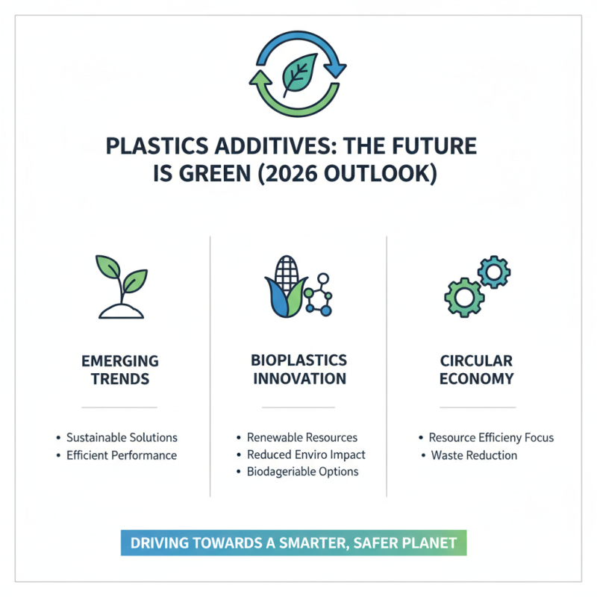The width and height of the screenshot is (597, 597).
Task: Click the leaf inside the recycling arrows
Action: coord(298,74)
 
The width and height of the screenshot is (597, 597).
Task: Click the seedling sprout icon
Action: coord(119,287)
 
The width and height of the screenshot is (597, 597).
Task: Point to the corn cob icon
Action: coord(284,287)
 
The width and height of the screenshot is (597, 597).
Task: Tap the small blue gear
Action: coord(493,272)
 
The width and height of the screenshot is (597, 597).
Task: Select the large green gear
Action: coord(463,296)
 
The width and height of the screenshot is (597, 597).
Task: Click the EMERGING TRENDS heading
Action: coord(119,369)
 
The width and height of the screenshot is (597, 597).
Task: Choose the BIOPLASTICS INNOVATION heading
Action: coord(298,369)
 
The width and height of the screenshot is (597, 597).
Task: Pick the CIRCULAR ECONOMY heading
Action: coord(477,369)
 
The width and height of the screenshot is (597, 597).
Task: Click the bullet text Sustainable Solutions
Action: coord(122,438)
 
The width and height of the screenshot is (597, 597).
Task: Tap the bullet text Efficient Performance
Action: coord(121,455)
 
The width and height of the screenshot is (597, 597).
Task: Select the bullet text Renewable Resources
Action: coord(302,438)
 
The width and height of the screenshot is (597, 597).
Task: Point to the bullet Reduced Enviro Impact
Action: coord(306,454)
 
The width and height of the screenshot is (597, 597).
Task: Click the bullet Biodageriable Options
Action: coord(302,472)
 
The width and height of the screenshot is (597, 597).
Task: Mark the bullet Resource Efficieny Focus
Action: coord(491,438)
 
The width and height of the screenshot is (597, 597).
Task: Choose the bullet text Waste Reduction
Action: coord(474,455)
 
